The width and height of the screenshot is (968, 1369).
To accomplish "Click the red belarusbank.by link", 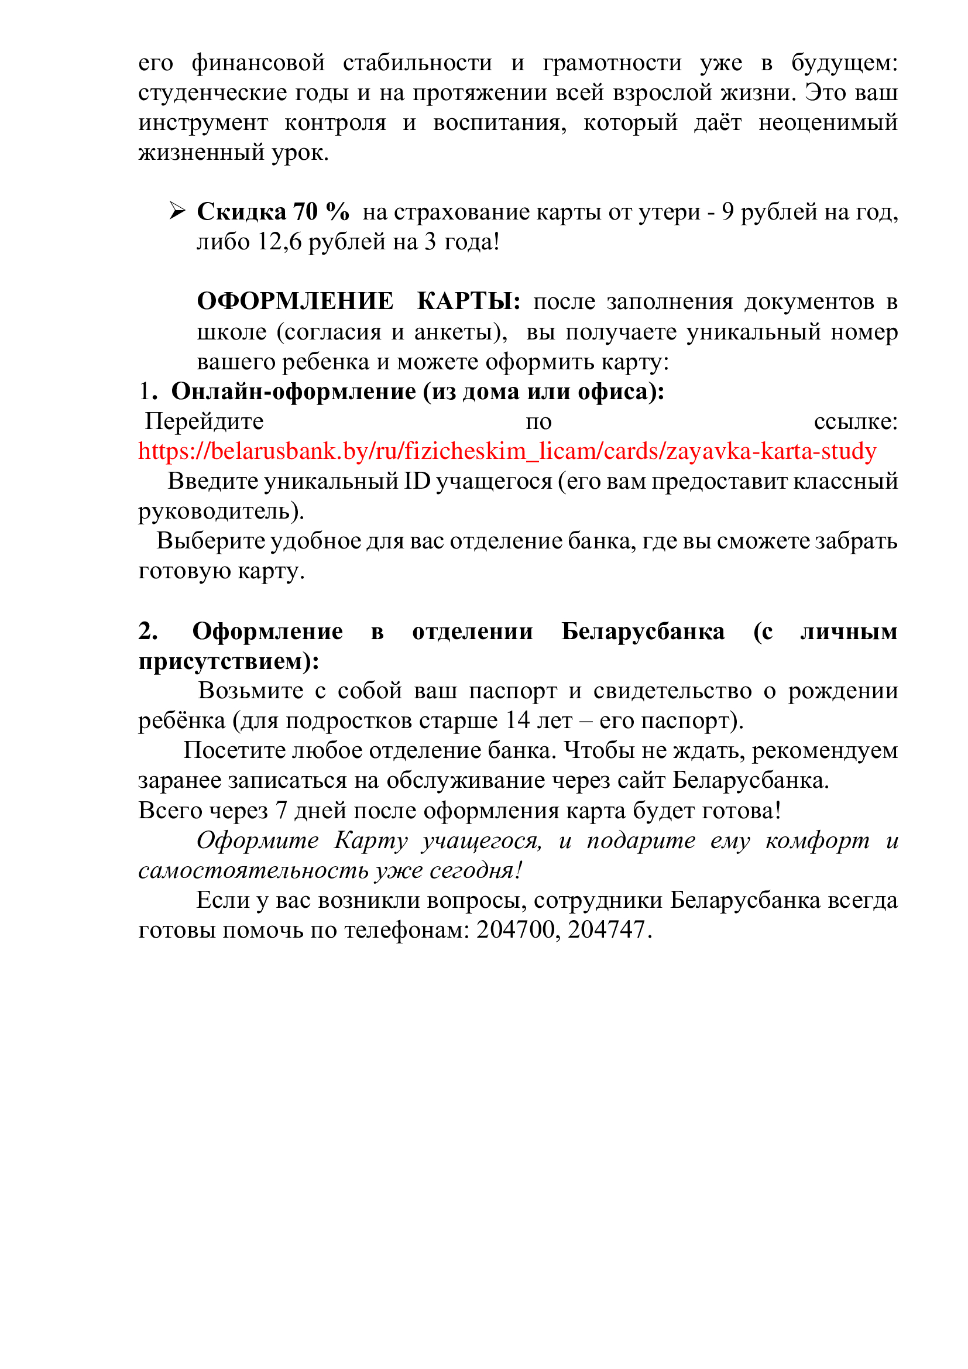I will pos(507,451).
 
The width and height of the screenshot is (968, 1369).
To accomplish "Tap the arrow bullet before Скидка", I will pos(176,211).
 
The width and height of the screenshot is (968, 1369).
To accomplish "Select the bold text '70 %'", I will pos(321,212).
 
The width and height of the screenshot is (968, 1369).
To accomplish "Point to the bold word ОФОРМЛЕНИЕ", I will pos(295,301).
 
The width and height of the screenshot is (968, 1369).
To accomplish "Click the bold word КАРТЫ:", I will pos(469,301).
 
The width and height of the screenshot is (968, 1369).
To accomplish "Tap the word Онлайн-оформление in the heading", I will pos(293,392).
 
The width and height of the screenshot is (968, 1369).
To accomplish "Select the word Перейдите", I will pos(204,421).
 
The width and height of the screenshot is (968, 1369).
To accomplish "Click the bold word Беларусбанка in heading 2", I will pos(643,632).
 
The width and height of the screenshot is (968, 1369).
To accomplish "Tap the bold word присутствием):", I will pos(229,661).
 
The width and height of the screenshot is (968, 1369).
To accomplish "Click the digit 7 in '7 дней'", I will pos(281,811).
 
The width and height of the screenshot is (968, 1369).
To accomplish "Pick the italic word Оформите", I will pos(258,840).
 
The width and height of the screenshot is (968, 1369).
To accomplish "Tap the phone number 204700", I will pos(517,930).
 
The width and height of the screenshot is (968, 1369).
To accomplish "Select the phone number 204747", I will pos(607,930).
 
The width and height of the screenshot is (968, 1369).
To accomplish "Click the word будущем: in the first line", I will pos(844,63).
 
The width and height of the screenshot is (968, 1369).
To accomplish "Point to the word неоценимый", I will pos(828,123).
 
